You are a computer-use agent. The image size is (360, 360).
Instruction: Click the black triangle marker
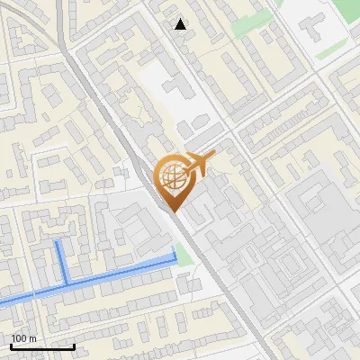click(x=181, y=24)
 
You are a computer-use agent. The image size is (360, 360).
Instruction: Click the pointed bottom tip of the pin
click(x=173, y=211)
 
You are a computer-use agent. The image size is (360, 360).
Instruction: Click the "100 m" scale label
click(x=23, y=338)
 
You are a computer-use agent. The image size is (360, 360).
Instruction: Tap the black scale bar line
click(x=42, y=346)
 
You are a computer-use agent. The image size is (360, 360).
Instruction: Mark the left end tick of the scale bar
click(x=11, y=346)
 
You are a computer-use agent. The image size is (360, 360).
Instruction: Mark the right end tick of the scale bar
click(x=74, y=346)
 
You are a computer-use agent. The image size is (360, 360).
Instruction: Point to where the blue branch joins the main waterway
click(x=66, y=283)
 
